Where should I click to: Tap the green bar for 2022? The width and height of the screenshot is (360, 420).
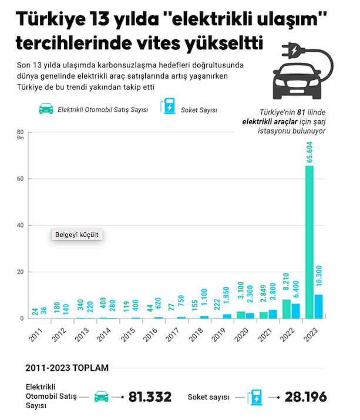pos(286,309)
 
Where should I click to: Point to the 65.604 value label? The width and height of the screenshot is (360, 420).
pos(309,151)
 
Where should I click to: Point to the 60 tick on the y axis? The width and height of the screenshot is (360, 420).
pos(20,179)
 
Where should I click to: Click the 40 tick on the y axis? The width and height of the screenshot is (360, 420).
pos(20,225)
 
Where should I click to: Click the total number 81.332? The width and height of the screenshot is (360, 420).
pos(150,397)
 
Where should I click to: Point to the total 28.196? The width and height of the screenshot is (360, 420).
pos(305,397)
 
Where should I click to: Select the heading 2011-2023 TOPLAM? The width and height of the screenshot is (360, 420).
pos(67,368)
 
